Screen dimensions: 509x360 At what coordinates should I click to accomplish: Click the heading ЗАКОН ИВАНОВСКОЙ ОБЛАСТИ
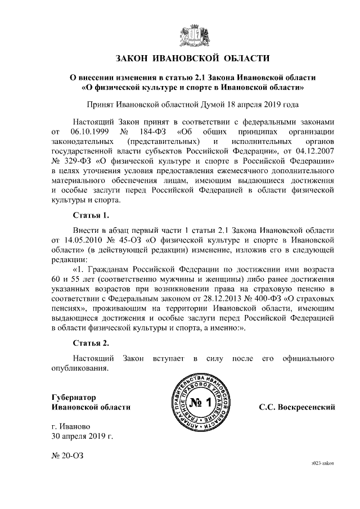pyautogui.click(x=192, y=58)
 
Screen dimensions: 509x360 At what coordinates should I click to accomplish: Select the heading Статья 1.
pyautogui.click(x=91, y=215)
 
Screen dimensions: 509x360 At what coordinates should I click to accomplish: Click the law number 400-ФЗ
pyautogui.click(x=253, y=299)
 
